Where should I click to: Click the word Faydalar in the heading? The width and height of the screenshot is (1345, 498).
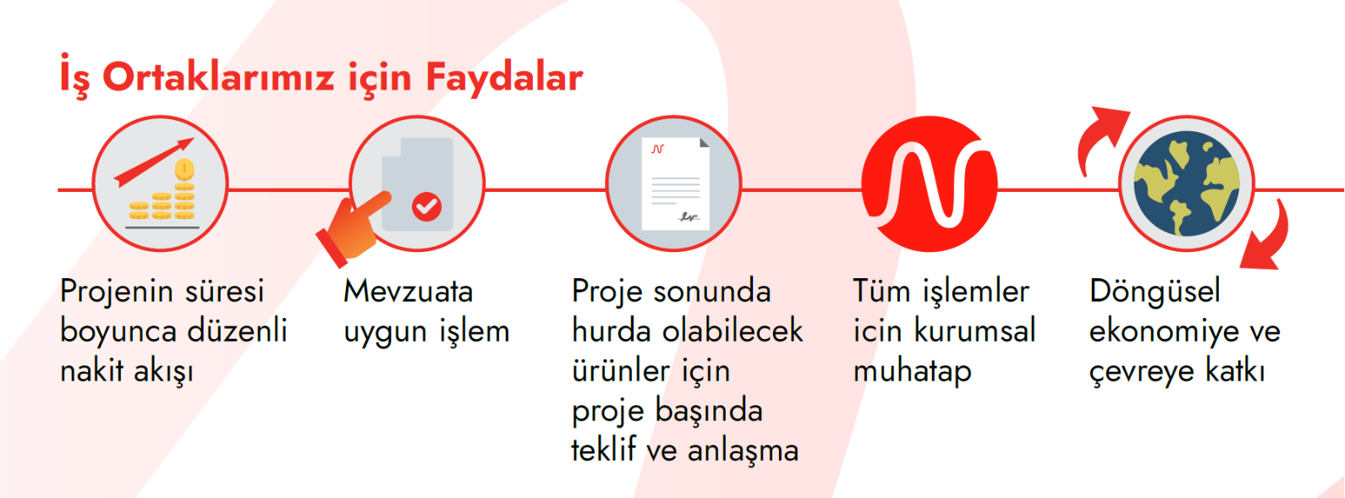click(x=504, y=78)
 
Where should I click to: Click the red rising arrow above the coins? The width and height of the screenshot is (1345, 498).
click(x=154, y=162)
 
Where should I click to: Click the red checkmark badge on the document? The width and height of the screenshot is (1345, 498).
click(x=427, y=206)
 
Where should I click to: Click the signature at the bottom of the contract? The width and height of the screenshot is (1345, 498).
click(x=689, y=217)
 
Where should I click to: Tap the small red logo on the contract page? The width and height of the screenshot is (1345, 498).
click(x=658, y=148)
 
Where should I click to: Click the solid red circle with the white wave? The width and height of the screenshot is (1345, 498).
click(x=930, y=183)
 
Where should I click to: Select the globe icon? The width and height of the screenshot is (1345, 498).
click(x=1187, y=183)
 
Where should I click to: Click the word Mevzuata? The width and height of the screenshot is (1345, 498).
click(x=409, y=292)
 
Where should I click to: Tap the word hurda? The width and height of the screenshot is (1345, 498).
click(x=612, y=331)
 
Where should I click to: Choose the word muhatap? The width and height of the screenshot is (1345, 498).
click(x=912, y=372)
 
